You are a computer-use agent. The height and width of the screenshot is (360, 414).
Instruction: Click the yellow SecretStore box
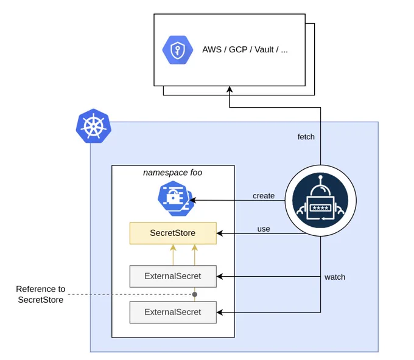tap(173, 233)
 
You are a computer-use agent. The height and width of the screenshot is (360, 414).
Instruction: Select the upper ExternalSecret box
tap(173, 276)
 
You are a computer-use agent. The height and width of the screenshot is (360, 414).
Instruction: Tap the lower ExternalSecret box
tap(173, 313)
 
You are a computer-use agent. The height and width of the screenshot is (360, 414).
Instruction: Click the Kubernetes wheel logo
tap(94, 126)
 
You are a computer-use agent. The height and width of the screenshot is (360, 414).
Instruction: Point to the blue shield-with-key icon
tap(177, 50)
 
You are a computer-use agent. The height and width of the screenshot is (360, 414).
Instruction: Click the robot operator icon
tap(320, 201)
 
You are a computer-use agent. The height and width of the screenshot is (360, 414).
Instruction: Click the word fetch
tap(306, 137)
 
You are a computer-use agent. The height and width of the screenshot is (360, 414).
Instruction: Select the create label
tap(264, 196)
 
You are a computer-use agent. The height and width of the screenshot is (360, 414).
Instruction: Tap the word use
tap(264, 229)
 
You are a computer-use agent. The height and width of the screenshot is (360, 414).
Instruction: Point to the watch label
tap(335, 277)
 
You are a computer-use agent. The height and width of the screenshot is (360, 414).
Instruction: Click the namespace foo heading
tap(173, 173)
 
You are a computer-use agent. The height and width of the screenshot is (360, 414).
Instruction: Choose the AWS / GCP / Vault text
tap(245, 50)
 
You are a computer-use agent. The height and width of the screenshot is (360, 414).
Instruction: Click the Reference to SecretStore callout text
tap(41, 294)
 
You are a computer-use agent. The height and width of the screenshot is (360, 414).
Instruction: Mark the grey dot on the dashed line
tap(195, 294)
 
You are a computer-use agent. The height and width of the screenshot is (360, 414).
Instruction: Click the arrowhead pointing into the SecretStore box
tap(220, 233)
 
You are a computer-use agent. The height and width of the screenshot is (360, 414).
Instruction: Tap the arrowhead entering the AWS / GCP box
tap(230, 89)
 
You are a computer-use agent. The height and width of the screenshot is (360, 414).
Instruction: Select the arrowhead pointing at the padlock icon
tap(193, 201)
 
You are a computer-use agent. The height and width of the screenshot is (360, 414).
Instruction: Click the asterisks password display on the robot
tap(320, 208)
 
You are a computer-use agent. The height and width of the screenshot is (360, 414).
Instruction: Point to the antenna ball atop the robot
tap(320, 178)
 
